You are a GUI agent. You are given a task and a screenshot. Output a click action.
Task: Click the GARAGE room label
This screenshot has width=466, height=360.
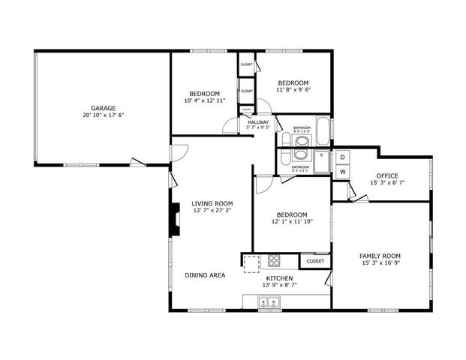tap(104, 108)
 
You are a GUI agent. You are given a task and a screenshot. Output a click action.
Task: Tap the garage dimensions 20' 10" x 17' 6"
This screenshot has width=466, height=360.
tap(104, 115)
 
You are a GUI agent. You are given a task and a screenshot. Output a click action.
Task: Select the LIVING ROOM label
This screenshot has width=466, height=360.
tap(212, 203)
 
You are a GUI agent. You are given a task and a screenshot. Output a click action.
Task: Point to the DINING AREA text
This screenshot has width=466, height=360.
tap(205, 275)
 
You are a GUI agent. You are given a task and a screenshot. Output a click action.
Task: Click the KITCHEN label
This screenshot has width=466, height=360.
tap(278, 277)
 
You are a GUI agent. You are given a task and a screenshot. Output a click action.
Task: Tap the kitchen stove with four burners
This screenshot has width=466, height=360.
tap(274, 262)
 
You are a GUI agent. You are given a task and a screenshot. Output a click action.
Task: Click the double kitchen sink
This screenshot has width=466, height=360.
tap(268, 303)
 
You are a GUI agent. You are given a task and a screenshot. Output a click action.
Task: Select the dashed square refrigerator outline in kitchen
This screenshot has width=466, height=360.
tap(251, 262)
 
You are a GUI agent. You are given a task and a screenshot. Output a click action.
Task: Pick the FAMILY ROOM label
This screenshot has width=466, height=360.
tap(380, 256)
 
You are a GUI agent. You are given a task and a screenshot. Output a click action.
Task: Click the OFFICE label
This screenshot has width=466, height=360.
tap(387, 175)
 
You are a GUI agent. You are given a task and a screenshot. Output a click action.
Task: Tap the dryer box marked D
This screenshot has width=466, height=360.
tap(342, 157)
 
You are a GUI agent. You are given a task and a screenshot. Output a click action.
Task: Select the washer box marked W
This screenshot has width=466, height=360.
tap(342, 172)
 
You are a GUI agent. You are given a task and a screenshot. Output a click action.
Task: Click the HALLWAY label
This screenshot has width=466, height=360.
tap(257, 121)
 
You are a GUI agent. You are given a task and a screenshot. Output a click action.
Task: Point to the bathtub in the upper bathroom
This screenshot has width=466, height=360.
tap(323, 133)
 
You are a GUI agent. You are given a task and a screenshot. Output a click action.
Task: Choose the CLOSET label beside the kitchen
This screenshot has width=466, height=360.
tap(315, 261)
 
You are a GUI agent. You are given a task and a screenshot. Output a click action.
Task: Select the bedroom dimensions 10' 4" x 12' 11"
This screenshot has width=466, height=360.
tap(204, 100)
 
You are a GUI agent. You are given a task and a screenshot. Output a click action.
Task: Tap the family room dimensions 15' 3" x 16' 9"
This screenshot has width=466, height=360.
tap(380, 263)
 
